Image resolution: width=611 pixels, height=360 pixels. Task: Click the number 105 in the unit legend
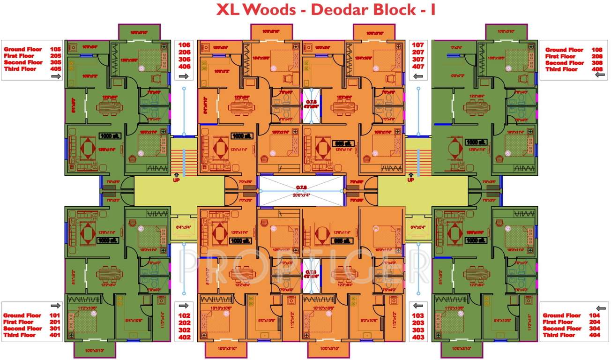[55, 49]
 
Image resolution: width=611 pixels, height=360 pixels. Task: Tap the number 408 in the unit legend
[596, 69]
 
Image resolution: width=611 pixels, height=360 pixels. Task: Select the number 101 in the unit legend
[55, 315]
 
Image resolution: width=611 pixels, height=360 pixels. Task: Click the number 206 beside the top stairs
[184, 52]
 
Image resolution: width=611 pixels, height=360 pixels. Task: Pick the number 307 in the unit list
[417, 60]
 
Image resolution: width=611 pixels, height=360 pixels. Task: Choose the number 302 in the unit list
[184, 330]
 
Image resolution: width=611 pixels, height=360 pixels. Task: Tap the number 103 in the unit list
[417, 315]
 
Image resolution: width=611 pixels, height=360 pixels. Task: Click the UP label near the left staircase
[177, 180]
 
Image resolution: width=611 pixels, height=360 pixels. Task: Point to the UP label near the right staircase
[411, 180]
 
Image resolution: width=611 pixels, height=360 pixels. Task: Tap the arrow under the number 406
[184, 75]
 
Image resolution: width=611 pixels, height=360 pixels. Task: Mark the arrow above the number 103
[417, 305]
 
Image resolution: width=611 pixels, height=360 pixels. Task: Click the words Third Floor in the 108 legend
[561, 69]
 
